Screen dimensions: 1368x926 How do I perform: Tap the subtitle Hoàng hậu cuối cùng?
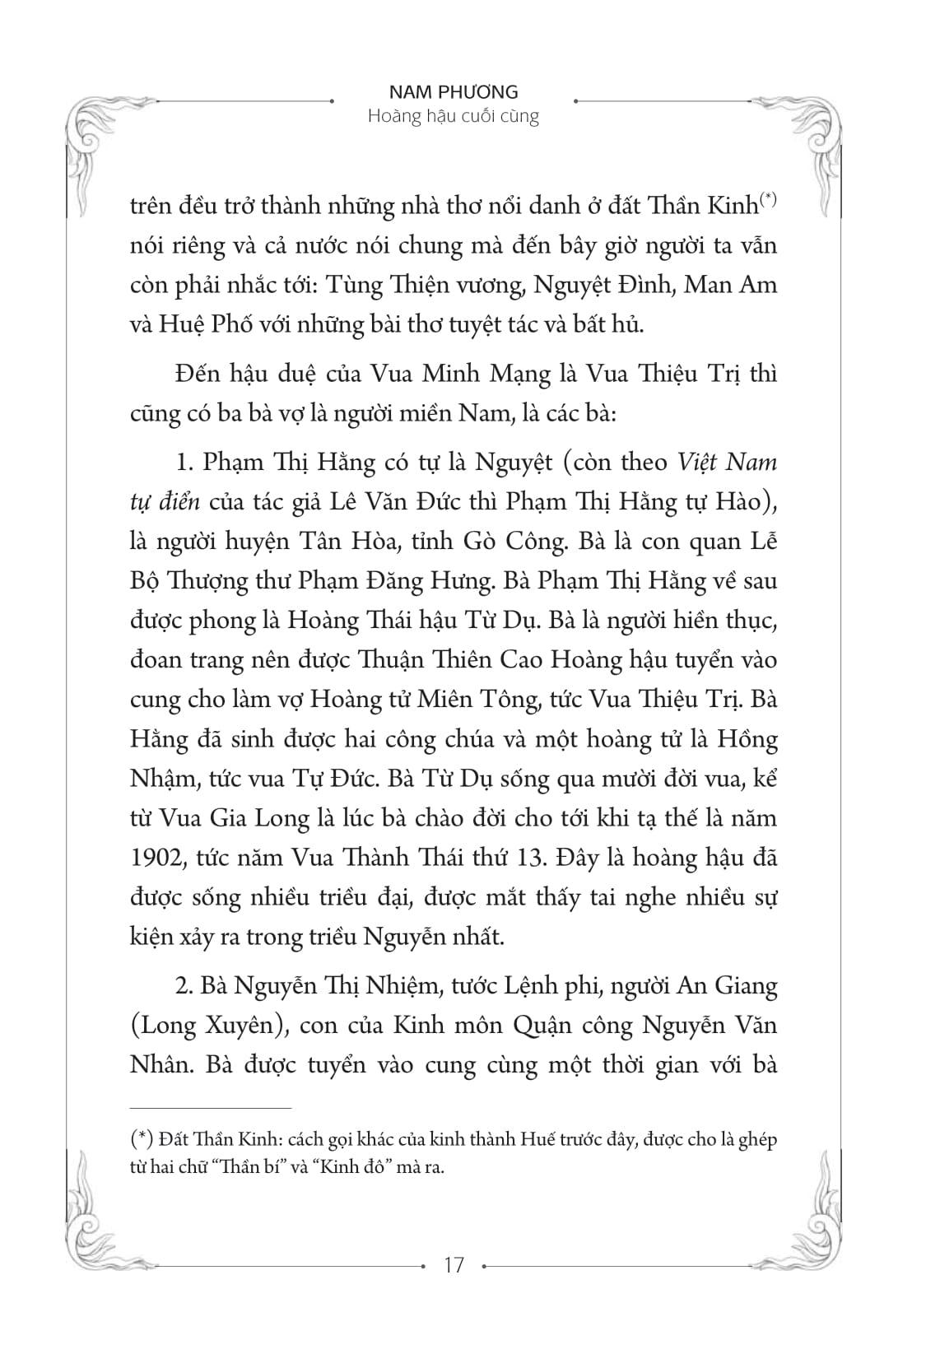click(454, 116)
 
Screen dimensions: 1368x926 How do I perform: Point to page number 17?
click(454, 1264)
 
